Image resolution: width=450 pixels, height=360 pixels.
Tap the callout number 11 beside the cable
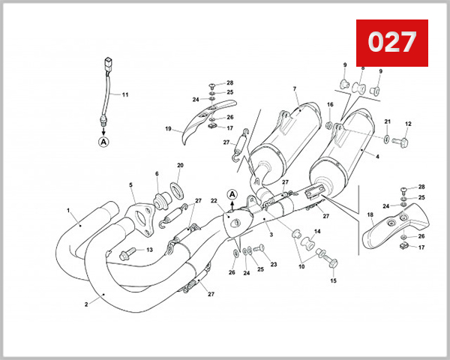(x=125, y=94)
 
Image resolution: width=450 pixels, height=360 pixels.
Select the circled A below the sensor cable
(x=103, y=139)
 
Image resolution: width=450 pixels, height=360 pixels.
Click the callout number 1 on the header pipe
(x=68, y=211)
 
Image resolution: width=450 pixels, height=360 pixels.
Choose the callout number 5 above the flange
(x=130, y=184)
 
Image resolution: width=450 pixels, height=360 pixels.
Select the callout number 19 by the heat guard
(x=169, y=129)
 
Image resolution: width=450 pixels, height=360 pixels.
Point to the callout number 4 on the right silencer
(x=376, y=156)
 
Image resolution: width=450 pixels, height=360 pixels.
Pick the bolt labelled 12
(x=406, y=141)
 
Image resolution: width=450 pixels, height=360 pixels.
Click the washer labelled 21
(x=385, y=139)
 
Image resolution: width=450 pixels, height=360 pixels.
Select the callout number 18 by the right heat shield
(x=370, y=214)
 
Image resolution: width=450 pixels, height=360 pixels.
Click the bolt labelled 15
(x=332, y=262)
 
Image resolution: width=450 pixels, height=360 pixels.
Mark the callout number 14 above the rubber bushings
(x=317, y=232)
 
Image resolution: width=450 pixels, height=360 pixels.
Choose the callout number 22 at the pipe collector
(x=214, y=200)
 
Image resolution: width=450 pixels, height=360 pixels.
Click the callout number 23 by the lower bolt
(x=274, y=265)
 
